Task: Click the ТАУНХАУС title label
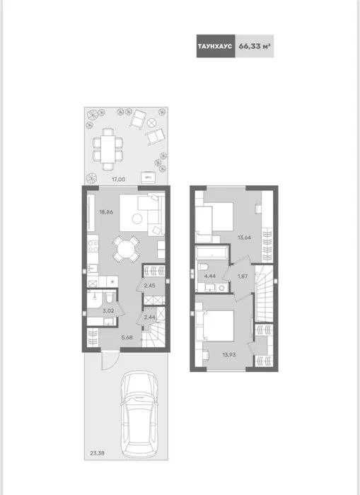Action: [215, 46]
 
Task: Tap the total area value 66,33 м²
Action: [255, 46]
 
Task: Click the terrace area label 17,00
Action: [118, 180]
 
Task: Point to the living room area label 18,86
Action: [106, 212]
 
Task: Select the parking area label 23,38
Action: [97, 453]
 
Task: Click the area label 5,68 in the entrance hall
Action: [127, 337]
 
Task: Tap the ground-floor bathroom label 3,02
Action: [108, 310]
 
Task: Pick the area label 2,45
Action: [149, 286]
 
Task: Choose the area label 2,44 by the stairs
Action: [149, 318]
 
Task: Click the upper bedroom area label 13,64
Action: [245, 238]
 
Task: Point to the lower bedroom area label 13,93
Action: [229, 354]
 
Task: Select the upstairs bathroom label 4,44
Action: [210, 276]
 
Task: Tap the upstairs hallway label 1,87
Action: [243, 276]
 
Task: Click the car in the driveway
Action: [139, 414]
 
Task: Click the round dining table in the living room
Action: [126, 249]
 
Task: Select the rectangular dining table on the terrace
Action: [108, 148]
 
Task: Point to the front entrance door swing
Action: [109, 360]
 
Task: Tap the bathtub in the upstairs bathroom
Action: [211, 253]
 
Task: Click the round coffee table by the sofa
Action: [137, 219]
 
